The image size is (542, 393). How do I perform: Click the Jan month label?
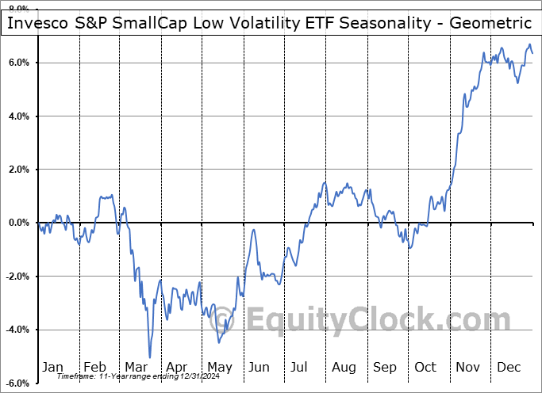pyautogui.click(x=52, y=367)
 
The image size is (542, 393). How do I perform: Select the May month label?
pyautogui.click(x=219, y=367)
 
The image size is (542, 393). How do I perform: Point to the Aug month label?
pyautogui.click(x=344, y=367)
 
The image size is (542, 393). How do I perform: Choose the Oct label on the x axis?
pyautogui.click(x=426, y=367)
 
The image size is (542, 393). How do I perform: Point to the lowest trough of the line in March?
pyautogui.click(x=149, y=357)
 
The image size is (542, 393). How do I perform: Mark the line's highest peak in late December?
pyautogui.click(x=529, y=45)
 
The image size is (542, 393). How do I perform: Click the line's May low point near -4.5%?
pyautogui.click(x=218, y=342)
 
